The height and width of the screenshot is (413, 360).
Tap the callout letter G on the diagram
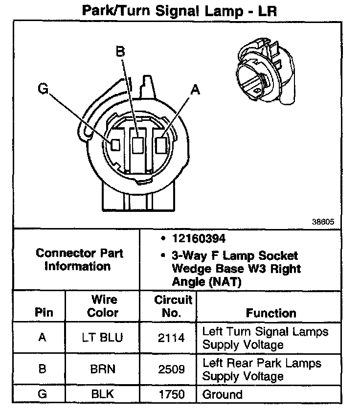[x=43, y=89]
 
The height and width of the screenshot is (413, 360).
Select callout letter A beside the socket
[x=195, y=89]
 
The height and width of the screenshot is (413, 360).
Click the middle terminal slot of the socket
[x=138, y=144]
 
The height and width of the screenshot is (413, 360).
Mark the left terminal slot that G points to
[x=116, y=145]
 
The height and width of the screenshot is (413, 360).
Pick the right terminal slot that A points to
[x=161, y=144]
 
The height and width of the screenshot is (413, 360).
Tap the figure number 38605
[x=323, y=221]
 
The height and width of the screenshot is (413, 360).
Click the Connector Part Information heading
[x=80, y=260]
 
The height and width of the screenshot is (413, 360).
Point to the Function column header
[x=270, y=313]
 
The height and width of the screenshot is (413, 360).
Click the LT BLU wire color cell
[x=103, y=338]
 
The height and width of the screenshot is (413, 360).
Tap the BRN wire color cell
[x=103, y=369]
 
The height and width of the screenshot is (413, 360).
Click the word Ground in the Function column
[x=222, y=394]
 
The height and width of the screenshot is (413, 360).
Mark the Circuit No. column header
[x=173, y=306]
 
